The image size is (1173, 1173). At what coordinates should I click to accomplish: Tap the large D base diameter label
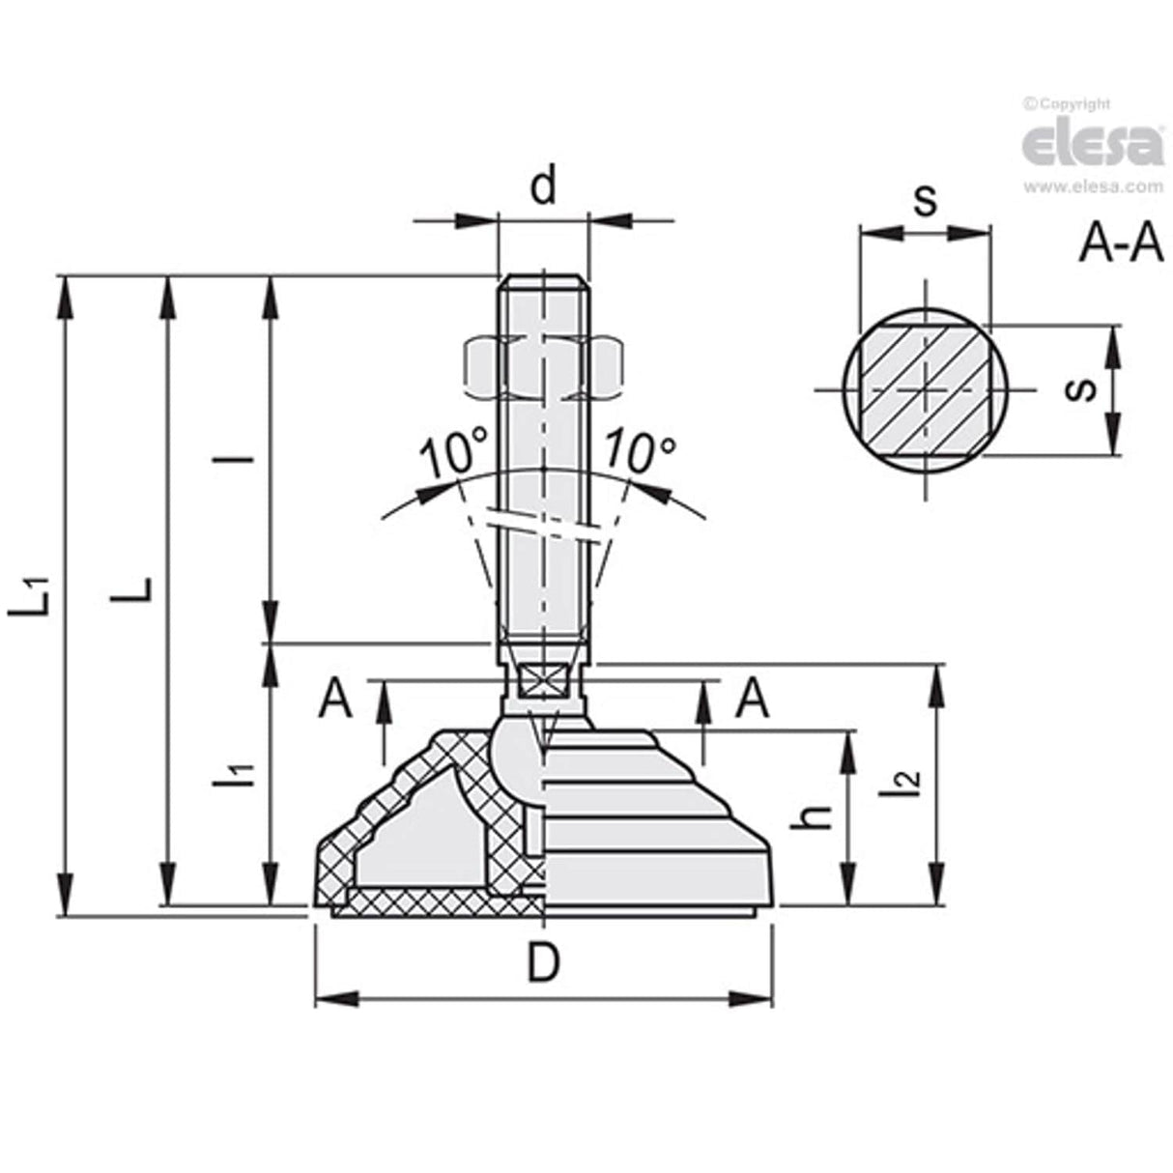(x=545, y=963)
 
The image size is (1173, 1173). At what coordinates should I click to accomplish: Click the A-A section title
(x=1121, y=244)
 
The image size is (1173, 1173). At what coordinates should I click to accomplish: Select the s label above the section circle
(x=924, y=201)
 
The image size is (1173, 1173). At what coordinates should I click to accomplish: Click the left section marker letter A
(x=335, y=699)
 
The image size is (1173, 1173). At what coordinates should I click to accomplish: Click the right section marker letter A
(x=752, y=699)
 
